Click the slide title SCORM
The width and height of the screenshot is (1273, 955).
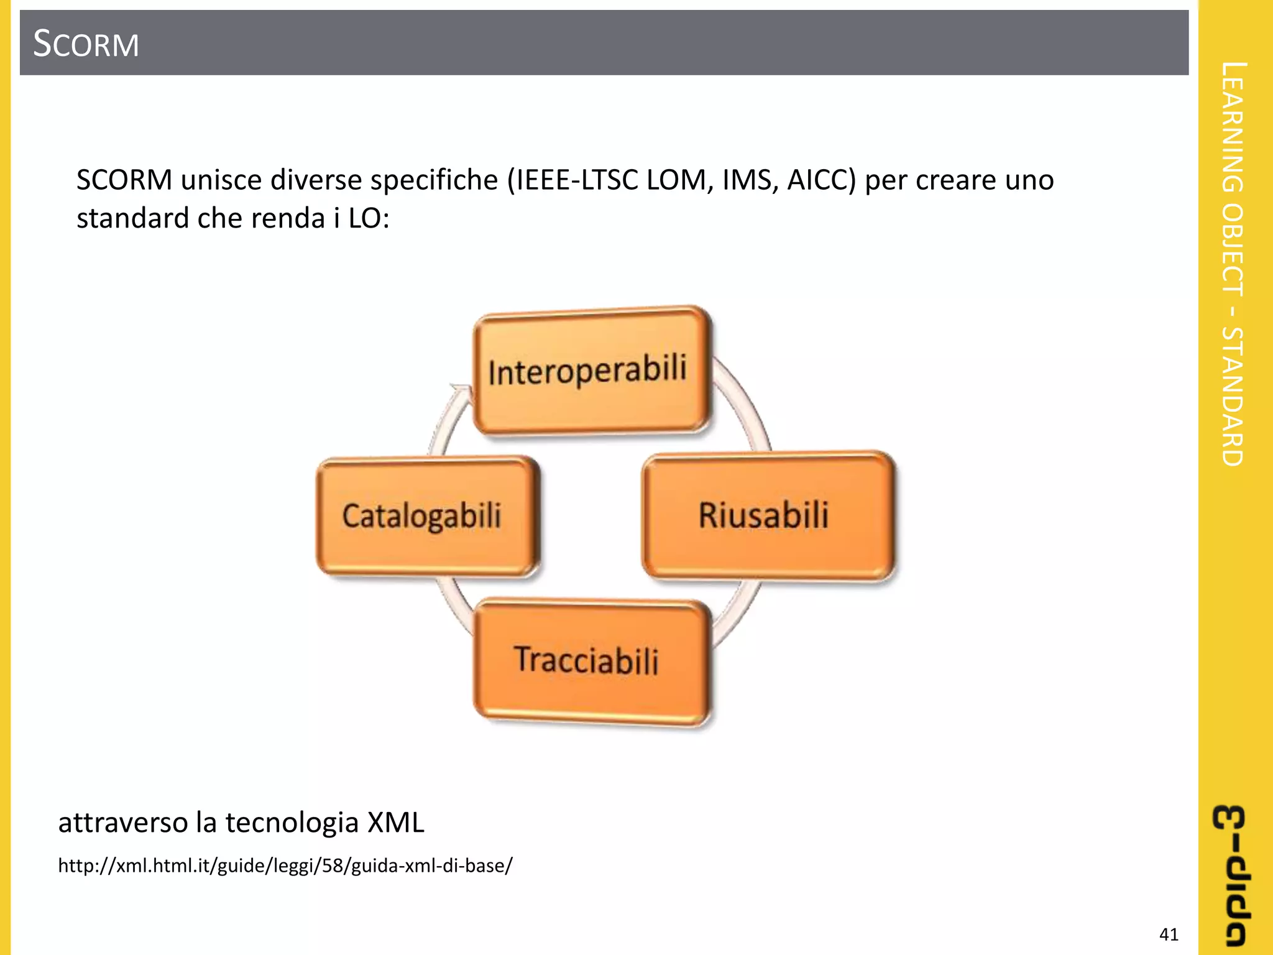pyautogui.click(x=86, y=44)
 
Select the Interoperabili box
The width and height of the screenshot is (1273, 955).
pyautogui.click(x=589, y=371)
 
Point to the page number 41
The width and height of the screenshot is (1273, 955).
pyautogui.click(x=1169, y=934)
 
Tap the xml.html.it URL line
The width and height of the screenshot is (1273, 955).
pyautogui.click(x=285, y=865)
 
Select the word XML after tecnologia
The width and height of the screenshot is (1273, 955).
pyautogui.click(x=396, y=822)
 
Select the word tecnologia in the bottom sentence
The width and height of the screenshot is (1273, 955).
pyautogui.click(x=292, y=822)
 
